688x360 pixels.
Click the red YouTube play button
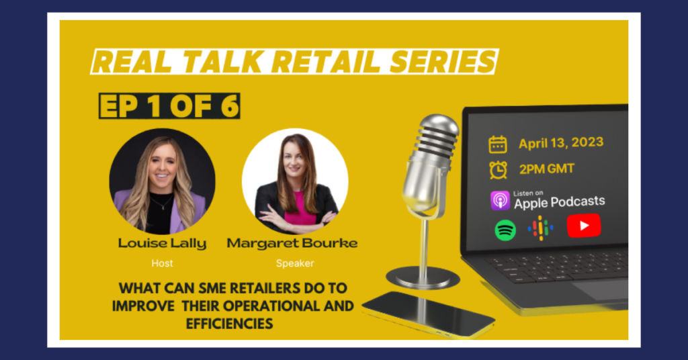(x=584, y=226)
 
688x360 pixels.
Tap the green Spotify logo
(x=505, y=230)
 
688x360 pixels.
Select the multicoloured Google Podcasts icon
(x=540, y=228)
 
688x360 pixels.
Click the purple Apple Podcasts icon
(x=500, y=201)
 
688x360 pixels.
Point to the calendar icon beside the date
(x=498, y=144)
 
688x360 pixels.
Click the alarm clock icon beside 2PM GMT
(x=498, y=170)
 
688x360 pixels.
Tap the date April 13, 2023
(x=561, y=143)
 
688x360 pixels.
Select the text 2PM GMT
(x=547, y=169)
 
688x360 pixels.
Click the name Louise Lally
(x=162, y=243)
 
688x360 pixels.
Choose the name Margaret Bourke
(x=292, y=243)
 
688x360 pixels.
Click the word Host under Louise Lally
(x=163, y=263)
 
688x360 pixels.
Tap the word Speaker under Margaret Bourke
(x=295, y=263)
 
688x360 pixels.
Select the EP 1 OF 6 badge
(x=169, y=105)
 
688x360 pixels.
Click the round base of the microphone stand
(x=423, y=277)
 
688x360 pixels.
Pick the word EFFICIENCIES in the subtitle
(x=230, y=324)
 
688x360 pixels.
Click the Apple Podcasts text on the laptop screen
(x=560, y=202)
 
